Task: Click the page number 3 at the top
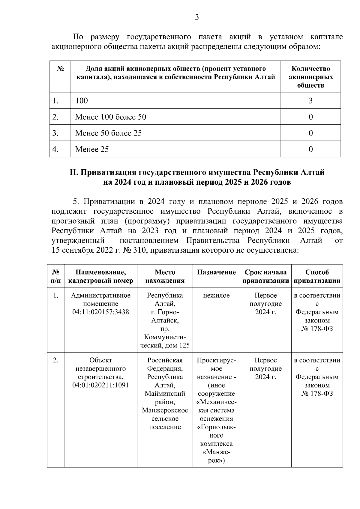[197, 17]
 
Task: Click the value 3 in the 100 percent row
[310, 101]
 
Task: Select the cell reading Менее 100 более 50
[111, 117]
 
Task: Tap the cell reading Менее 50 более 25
[108, 133]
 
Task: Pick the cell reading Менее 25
[92, 149]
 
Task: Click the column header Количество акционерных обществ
[310, 77]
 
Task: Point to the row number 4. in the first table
[55, 149]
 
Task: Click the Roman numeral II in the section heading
[73, 173]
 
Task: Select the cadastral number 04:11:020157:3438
[100, 312]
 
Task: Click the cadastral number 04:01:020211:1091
[100, 385]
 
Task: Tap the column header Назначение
[216, 272]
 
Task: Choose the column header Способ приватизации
[317, 276]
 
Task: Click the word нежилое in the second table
[216, 296]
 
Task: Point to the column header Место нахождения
[165, 276]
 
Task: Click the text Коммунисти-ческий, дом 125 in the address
[165, 341]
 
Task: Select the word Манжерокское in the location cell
[165, 410]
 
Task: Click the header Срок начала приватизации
[265, 276]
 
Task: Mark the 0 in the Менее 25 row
[310, 149]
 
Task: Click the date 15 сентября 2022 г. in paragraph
[86, 250]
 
